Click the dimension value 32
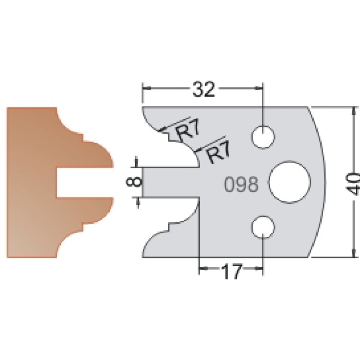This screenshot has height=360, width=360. pyautogui.click(x=204, y=89)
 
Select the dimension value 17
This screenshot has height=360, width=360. pyautogui.click(x=231, y=272)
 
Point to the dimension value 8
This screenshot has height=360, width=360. pyautogui.click(x=133, y=182)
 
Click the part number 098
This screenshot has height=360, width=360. pyautogui.click(x=241, y=184)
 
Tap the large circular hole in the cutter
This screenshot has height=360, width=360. pyautogui.click(x=290, y=182)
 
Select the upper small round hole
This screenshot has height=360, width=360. pyautogui.click(x=263, y=137)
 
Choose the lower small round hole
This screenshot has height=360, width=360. pyautogui.click(x=263, y=227)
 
